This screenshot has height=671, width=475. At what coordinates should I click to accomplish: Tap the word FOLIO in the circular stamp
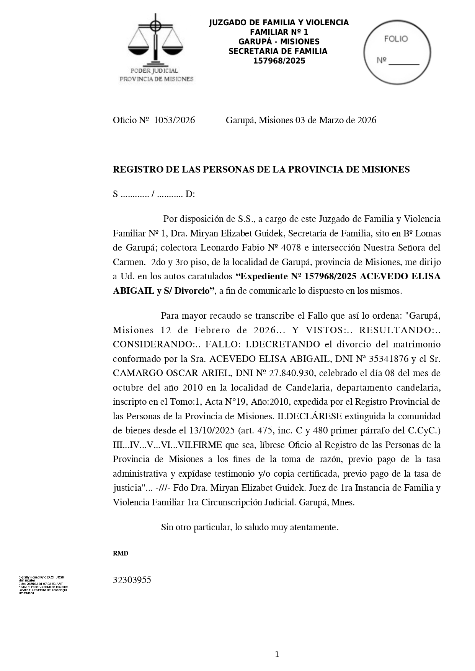pyautogui.click(x=396, y=39)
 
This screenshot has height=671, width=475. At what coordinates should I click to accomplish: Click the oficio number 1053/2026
pyautogui.click(x=174, y=121)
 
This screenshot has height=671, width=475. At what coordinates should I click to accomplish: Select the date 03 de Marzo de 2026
pyautogui.click(x=336, y=121)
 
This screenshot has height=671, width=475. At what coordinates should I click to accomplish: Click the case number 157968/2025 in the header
pyautogui.click(x=279, y=61)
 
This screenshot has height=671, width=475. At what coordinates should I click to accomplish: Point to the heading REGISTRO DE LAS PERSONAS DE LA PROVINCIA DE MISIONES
pyautogui.click(x=261, y=169)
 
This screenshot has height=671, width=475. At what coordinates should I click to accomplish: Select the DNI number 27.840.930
pyautogui.click(x=289, y=373)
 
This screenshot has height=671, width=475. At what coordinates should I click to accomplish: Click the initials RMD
pyautogui.click(x=120, y=554)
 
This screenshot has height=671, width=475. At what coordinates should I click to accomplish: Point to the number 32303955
pyautogui.click(x=132, y=580)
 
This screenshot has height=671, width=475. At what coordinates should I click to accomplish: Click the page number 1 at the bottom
pyautogui.click(x=277, y=655)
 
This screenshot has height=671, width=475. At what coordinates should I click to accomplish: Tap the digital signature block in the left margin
pyautogui.click(x=43, y=585)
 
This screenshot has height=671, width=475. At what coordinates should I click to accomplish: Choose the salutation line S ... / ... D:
pyautogui.click(x=154, y=194)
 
